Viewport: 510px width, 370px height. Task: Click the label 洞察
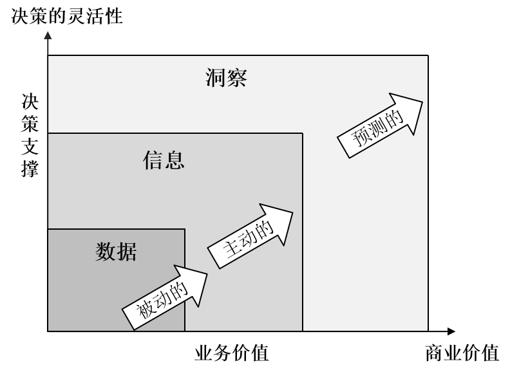(227, 78)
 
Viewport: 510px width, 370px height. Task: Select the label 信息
(164, 160)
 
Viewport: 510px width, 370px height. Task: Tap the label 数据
(116, 252)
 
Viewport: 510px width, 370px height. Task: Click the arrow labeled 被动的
(165, 298)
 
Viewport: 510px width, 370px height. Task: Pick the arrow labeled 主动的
(250, 236)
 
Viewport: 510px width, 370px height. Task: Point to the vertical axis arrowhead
(48, 35)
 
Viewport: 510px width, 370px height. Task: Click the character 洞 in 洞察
(216, 78)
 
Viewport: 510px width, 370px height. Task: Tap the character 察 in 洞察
(237, 78)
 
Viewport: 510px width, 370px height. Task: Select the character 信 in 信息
(153, 160)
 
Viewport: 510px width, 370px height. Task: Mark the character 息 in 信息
(175, 160)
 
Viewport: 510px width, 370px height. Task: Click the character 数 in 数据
(106, 252)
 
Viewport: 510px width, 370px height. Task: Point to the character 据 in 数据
(127, 252)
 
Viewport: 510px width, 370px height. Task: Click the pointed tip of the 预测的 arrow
(422, 100)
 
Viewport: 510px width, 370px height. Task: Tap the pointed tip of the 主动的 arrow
(292, 212)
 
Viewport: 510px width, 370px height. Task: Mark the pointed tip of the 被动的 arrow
(207, 274)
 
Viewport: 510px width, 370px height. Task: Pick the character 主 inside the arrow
(233, 248)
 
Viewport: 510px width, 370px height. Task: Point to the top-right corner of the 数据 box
(185, 229)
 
